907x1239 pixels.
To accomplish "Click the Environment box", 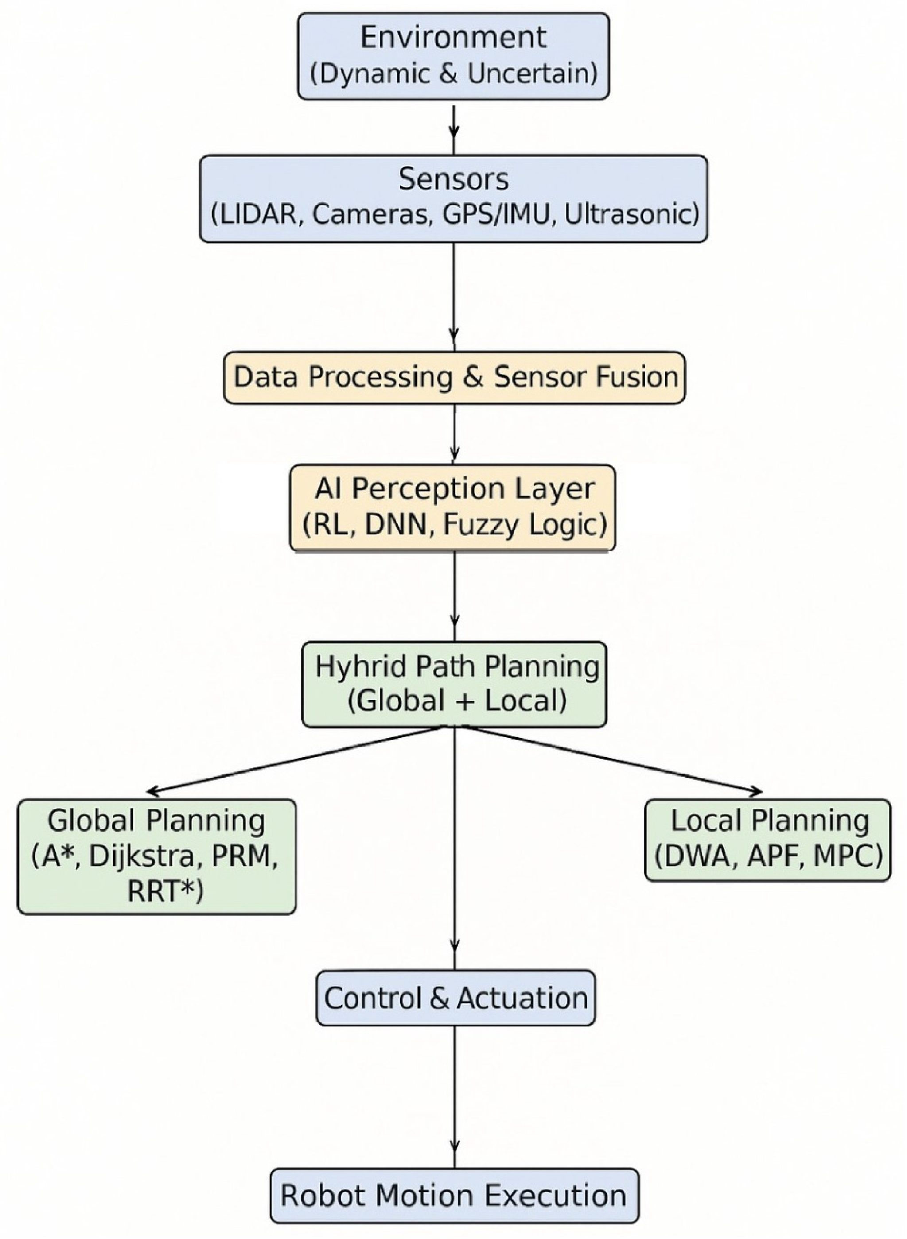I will click(454, 56).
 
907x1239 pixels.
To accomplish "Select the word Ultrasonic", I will click(631, 215).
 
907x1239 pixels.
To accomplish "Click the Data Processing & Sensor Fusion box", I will click(455, 378).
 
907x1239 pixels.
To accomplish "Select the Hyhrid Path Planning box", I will click(455, 684).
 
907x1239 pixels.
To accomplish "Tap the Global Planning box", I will click(156, 856).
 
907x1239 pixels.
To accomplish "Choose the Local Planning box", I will click(767, 840).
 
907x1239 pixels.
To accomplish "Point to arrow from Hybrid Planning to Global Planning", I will click(296, 760).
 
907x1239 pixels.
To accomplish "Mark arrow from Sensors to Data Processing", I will click(454, 296).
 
